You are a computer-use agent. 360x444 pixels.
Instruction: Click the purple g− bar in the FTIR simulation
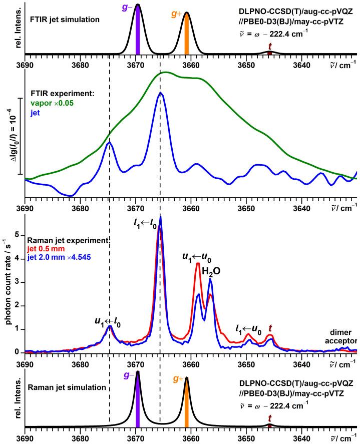pos(138,30)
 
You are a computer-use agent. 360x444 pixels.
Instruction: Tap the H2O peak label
pos(211,271)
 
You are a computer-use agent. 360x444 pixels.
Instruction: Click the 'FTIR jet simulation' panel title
pos(60,20)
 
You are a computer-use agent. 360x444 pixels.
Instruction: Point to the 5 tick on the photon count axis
pos(19,234)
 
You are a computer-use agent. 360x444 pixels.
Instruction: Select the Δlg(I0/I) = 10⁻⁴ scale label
pos(14,136)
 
